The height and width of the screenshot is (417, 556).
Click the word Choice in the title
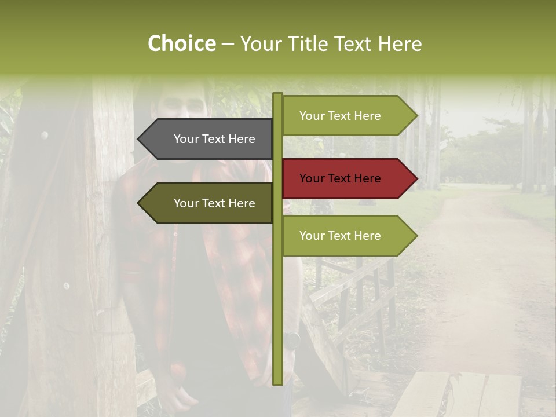coord(181,44)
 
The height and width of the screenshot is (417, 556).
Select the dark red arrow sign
coord(348,178)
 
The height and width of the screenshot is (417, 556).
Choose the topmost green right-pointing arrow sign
coord(348,116)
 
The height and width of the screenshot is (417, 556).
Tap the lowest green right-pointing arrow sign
coord(348,236)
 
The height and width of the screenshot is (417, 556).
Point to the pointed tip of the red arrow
coord(416,178)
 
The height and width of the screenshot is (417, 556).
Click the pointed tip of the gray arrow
coord(139,139)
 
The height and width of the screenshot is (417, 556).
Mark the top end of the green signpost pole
coord(277,95)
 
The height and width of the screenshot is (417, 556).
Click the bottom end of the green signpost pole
coord(277,382)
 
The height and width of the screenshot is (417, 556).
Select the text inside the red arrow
coord(340,178)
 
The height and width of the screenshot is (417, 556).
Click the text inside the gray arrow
coord(214,139)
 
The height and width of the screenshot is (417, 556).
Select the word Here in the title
coord(400,44)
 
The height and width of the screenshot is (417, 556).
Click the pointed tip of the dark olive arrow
coord(139,203)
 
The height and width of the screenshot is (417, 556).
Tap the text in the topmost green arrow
coord(340,116)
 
